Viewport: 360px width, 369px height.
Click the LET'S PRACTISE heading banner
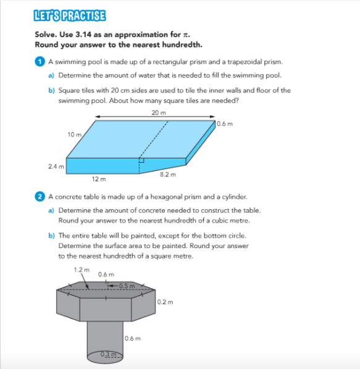tap(70, 15)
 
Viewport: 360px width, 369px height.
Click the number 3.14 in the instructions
tap(83, 35)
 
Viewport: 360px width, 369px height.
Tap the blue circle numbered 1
tap(40, 62)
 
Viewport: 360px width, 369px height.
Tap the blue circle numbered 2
tap(40, 196)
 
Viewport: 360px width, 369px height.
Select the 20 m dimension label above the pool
tap(159, 113)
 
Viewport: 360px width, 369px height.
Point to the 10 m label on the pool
tap(74, 135)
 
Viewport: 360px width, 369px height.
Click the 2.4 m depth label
tap(56, 167)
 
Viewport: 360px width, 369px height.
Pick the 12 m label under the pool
tap(99, 179)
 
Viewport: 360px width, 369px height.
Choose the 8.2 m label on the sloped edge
tap(168, 175)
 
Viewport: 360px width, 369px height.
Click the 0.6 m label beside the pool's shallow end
tap(225, 124)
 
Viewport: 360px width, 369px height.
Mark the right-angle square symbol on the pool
tap(141, 160)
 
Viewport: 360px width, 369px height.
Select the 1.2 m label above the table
tap(82, 270)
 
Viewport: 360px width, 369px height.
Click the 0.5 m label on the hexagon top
tap(127, 286)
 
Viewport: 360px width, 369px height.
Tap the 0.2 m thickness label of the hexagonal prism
tap(165, 302)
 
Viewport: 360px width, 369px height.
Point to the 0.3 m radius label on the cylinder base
tap(109, 354)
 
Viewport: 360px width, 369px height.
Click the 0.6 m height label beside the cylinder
tap(133, 338)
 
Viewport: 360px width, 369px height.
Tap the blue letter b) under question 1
tap(51, 90)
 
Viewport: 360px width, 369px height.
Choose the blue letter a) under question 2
tap(51, 210)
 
